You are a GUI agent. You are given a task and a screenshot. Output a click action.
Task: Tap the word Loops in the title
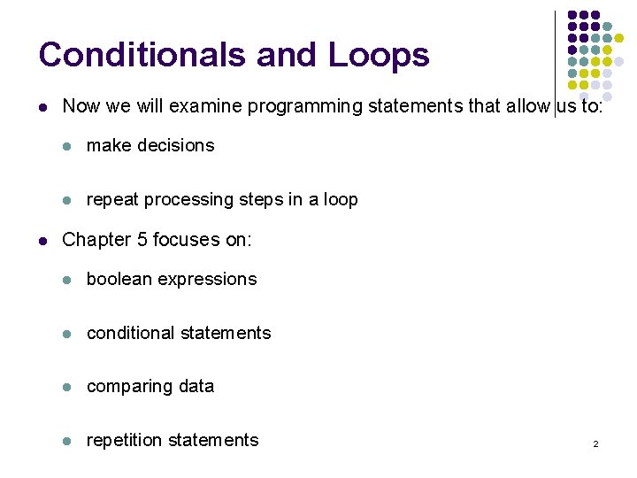[x=379, y=55]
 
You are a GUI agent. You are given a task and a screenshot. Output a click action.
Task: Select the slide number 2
[x=595, y=443]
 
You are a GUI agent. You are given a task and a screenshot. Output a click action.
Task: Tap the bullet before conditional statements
[x=67, y=334]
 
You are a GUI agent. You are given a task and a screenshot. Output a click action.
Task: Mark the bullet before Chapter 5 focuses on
[x=43, y=241]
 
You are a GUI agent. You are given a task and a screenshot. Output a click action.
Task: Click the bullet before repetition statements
[x=67, y=441]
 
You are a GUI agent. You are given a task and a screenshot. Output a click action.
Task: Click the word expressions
[x=215, y=280]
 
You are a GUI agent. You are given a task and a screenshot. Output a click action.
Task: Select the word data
[x=196, y=387]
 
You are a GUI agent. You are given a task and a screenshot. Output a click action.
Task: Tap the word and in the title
[x=288, y=55]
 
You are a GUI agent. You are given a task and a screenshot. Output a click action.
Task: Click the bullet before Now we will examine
[x=43, y=107]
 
